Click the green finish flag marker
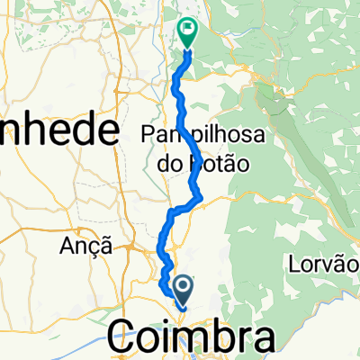(x=188, y=31)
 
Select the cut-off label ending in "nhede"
(x=59, y=133)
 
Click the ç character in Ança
(x=95, y=245)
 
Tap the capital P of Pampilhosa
(x=149, y=134)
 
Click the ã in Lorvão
(x=347, y=265)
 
